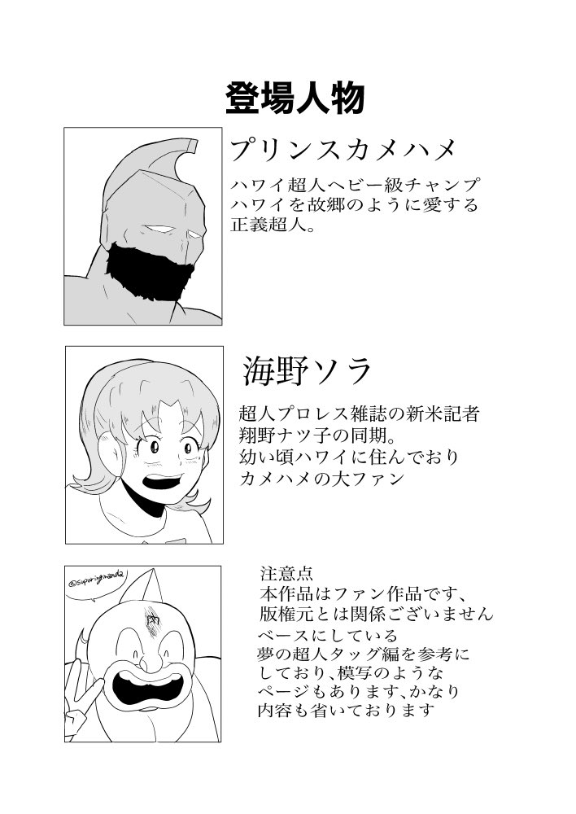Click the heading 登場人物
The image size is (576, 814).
[x=294, y=98]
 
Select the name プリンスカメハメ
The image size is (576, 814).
[x=342, y=151]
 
